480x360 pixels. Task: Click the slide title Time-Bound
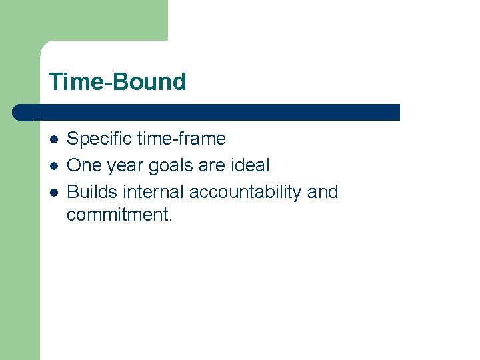117,82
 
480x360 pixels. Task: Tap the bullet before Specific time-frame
53,139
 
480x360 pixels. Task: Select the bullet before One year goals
53,166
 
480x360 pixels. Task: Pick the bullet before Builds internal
53,193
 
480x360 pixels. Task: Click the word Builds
92,192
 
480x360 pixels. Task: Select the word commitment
117,215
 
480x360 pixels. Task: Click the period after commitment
170,220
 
